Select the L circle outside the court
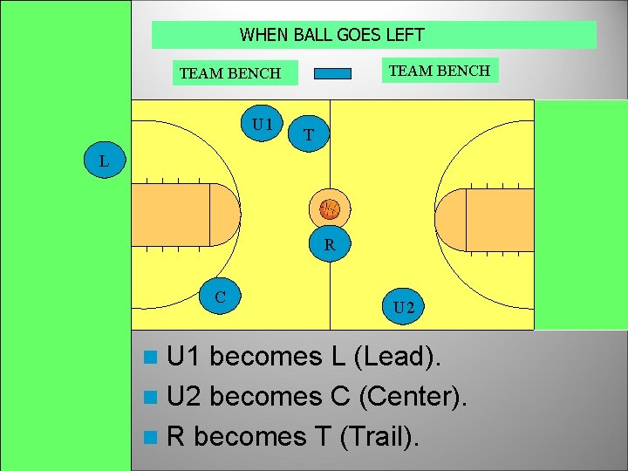point(105,161)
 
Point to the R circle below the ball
point(329,245)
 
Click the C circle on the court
point(221,297)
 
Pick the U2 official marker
point(403,307)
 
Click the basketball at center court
point(329,208)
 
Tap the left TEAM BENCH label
point(230,73)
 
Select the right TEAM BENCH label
point(440,71)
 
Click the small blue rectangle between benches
point(332,73)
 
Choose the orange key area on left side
point(209,215)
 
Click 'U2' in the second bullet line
point(184,396)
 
